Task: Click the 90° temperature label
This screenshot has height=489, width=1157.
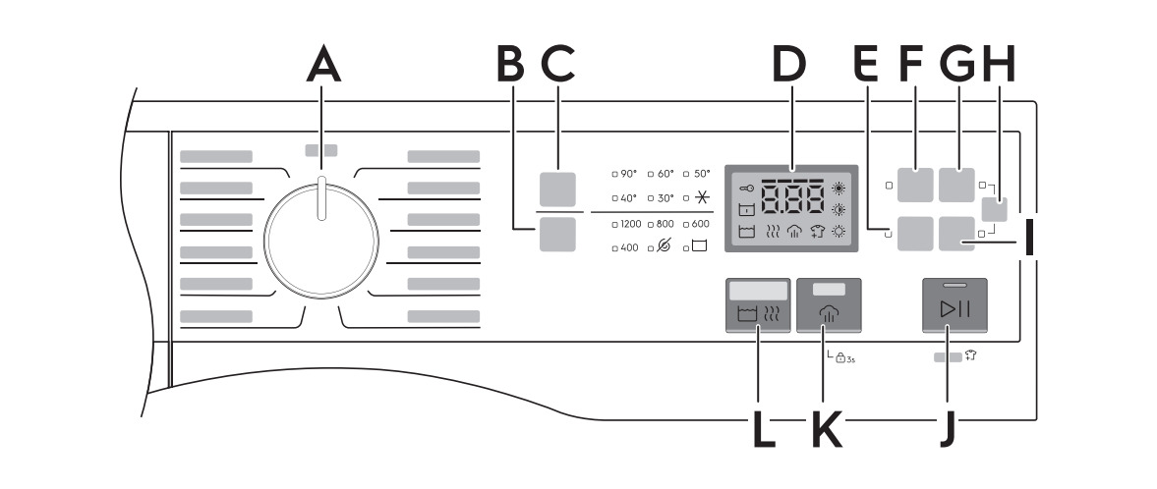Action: tap(627, 173)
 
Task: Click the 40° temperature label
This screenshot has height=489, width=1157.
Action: tap(627, 197)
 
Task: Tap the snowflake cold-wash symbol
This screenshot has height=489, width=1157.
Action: tap(700, 197)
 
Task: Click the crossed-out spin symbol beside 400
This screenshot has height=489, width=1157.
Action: tap(664, 248)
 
